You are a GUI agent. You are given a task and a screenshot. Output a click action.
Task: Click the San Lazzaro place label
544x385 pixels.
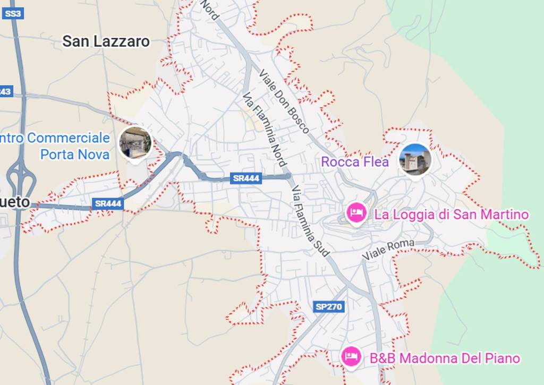point(106,41)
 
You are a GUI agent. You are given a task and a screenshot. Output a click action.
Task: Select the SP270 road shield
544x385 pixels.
point(329,306)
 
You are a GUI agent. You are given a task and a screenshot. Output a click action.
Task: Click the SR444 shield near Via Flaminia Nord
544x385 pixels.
point(246,178)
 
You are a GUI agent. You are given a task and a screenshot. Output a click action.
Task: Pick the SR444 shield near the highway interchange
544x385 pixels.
point(107,203)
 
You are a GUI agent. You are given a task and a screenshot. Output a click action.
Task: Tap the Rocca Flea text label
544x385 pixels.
point(355,162)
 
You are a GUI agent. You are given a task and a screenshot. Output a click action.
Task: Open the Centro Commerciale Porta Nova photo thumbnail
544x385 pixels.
point(135,142)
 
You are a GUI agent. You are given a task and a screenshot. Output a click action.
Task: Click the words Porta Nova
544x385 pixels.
point(75,155)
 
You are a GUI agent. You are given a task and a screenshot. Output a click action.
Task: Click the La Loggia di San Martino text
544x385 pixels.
point(452,215)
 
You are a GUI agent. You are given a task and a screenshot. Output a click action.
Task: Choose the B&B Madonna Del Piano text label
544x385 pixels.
point(445,358)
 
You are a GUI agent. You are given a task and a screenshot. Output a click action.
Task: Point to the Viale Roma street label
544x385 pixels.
point(388,250)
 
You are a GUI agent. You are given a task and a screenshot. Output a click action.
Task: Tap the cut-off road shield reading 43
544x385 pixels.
point(5,91)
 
